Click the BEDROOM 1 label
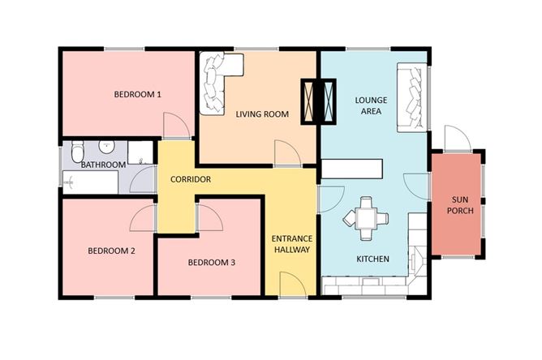point(137,95)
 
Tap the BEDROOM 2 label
point(111,251)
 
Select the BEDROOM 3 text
point(211,262)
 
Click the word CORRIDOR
point(191,178)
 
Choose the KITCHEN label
point(372,259)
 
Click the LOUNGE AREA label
point(371,106)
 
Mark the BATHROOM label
point(103,165)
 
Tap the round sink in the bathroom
point(105,147)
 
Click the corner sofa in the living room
point(217,79)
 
